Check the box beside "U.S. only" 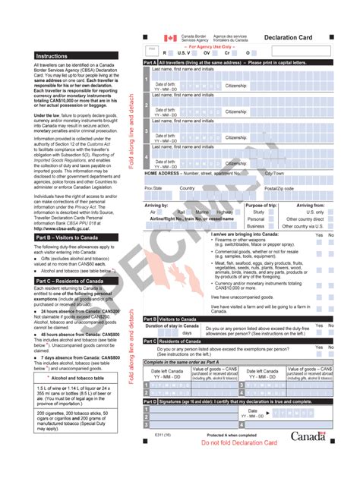point(331,212)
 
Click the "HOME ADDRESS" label point(163,173)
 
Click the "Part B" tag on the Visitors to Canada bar point(150,319)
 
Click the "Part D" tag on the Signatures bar point(150,401)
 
